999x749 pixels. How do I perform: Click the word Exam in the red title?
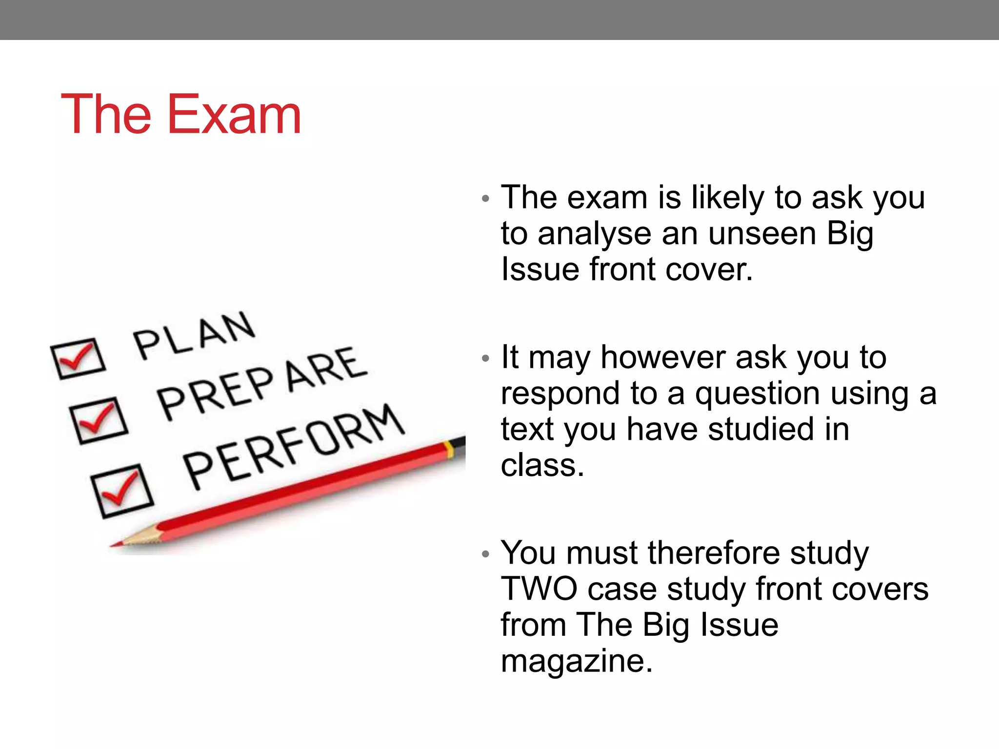[234, 115]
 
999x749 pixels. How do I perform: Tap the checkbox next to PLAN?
[78, 358]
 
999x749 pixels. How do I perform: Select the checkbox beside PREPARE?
[99, 420]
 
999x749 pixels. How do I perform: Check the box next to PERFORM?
[122, 490]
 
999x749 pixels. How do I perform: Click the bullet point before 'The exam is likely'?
[485, 198]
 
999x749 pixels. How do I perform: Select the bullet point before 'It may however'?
[485, 358]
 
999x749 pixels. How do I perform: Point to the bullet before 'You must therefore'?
[485, 554]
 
